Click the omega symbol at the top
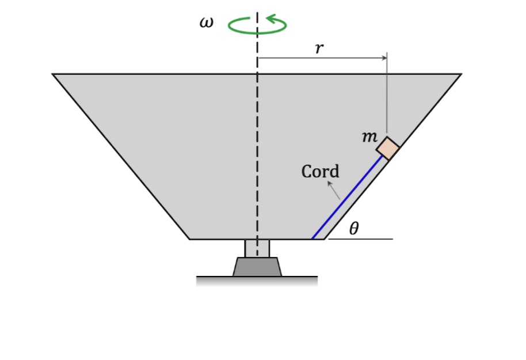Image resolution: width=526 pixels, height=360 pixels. pyautogui.click(x=206, y=23)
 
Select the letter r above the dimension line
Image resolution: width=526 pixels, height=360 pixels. pyautogui.click(x=319, y=48)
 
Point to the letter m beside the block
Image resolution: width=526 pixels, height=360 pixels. pyautogui.click(x=369, y=137)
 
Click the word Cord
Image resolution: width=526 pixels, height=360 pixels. pyautogui.click(x=321, y=171)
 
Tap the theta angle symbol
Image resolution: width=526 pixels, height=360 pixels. pyautogui.click(x=354, y=229)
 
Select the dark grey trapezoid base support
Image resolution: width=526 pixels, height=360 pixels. pyautogui.click(x=257, y=267)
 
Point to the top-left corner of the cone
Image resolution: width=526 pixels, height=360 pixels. pyautogui.click(x=53, y=74)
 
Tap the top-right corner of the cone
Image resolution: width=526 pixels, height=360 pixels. pyautogui.click(x=461, y=74)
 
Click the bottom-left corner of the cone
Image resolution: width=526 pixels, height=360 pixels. pyautogui.click(x=189, y=238)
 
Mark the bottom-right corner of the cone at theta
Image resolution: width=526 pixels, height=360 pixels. pyautogui.click(x=326, y=238)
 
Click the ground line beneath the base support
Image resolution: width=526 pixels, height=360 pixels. pyautogui.click(x=257, y=277)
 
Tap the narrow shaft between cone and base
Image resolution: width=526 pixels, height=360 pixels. pyautogui.click(x=257, y=248)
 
